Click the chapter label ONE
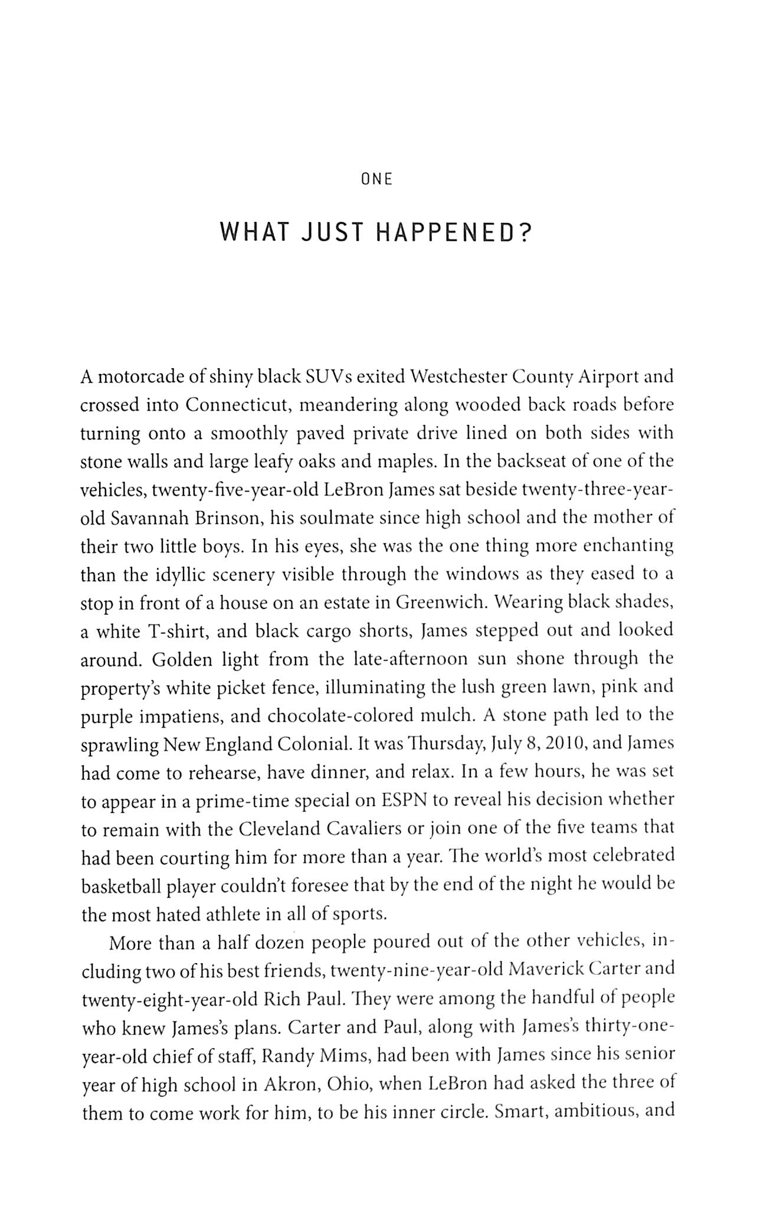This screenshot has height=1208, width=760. (x=376, y=180)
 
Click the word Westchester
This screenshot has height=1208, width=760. (x=458, y=377)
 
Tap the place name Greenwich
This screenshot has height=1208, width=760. (x=433, y=603)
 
